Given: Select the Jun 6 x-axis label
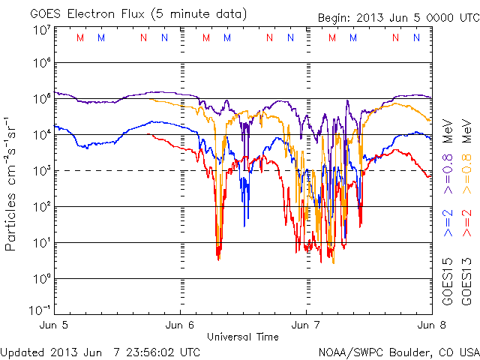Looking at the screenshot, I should (x=181, y=325).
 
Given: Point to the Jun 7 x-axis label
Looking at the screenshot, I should (x=307, y=325).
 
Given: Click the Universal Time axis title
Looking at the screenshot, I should (x=243, y=336).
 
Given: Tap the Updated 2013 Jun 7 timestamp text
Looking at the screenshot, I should (x=100, y=351).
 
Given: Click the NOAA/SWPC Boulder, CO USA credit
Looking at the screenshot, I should (x=398, y=351).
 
